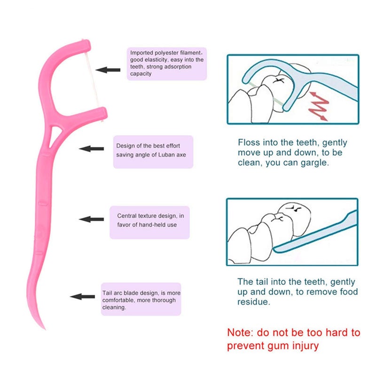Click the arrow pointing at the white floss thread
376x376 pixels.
108,70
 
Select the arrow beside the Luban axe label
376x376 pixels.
91,149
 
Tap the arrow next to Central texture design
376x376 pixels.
91,219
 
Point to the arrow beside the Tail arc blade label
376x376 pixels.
83,297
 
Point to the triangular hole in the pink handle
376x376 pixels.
54,136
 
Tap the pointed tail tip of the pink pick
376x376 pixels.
45,329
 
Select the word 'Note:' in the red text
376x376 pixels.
240,333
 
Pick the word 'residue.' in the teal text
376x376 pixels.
254,302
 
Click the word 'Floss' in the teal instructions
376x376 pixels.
249,142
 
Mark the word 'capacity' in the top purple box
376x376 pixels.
141,74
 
